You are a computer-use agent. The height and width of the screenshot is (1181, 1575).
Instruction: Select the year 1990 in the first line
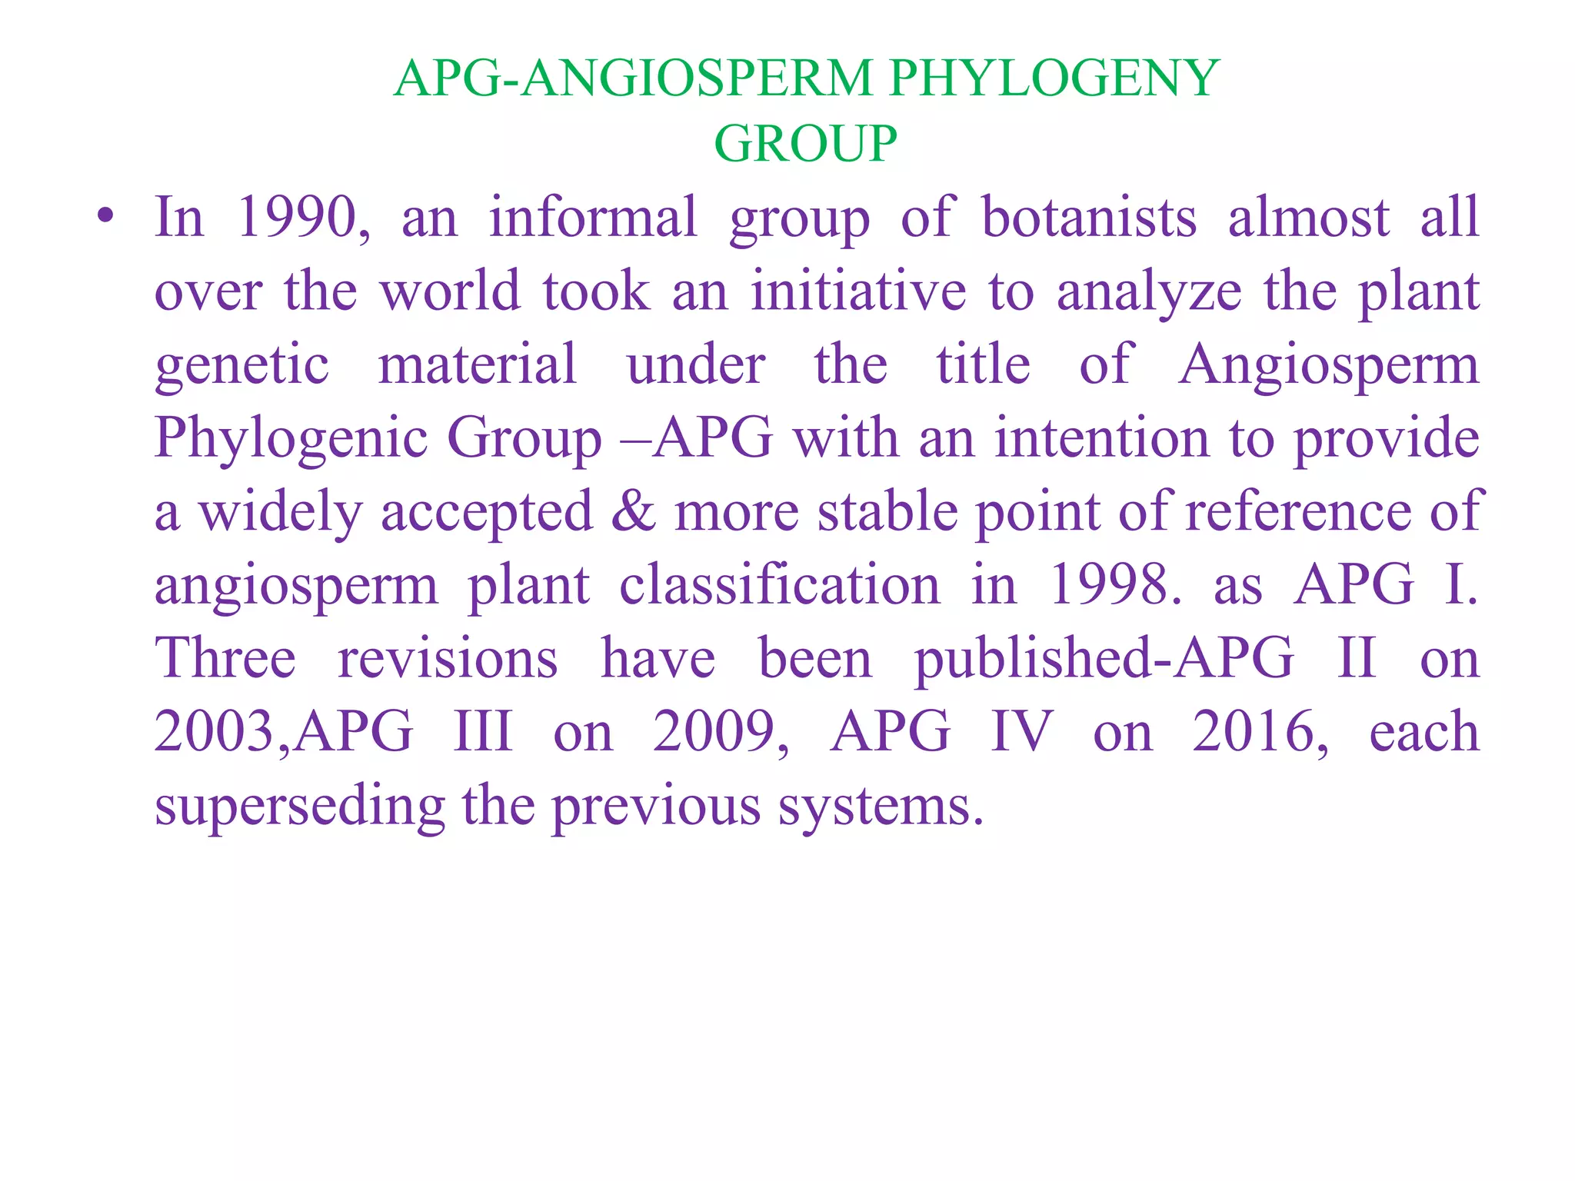(x=297, y=217)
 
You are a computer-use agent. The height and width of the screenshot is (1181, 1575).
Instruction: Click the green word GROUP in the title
(x=805, y=144)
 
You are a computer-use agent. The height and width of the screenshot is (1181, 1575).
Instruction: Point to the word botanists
(x=1089, y=217)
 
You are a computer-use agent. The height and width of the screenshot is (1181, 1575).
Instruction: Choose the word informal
(x=593, y=217)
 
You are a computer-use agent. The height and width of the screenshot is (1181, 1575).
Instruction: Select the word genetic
(x=241, y=364)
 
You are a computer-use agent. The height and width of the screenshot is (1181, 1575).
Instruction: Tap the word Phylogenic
(x=291, y=438)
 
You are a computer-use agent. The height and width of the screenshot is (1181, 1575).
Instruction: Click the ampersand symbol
(x=634, y=511)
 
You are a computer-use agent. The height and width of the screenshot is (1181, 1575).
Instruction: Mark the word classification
(x=780, y=584)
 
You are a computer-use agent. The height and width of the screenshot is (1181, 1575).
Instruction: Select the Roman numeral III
(x=483, y=731)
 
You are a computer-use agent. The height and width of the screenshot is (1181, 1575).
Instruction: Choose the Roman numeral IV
(x=1021, y=731)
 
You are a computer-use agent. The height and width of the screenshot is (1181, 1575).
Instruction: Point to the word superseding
(x=300, y=806)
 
